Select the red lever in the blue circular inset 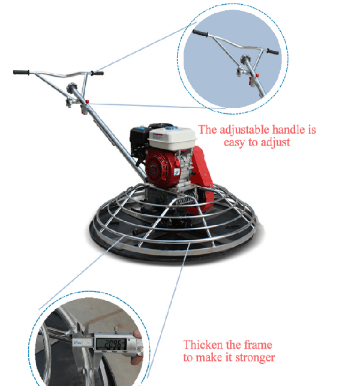click(257, 76)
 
